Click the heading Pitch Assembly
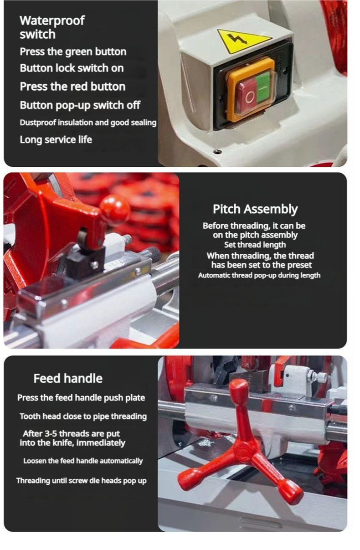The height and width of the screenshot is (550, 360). (255, 210)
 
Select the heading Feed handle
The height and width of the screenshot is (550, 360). (68, 378)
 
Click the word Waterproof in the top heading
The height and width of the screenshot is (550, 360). (52, 21)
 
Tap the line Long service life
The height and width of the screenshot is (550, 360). (56, 140)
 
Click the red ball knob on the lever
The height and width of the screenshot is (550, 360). (115, 208)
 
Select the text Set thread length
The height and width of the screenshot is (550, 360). (255, 245)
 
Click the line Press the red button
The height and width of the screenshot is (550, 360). (72, 87)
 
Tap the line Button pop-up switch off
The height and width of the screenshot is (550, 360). (80, 105)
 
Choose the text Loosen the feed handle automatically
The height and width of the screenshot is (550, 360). (83, 461)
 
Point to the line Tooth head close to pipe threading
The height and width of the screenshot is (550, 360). (83, 416)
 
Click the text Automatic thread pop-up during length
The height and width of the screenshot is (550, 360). (259, 276)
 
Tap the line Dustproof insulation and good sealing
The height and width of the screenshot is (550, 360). (88, 122)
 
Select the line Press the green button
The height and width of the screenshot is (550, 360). (73, 51)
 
